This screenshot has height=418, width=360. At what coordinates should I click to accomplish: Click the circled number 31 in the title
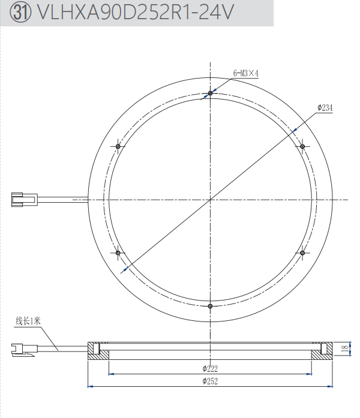20,12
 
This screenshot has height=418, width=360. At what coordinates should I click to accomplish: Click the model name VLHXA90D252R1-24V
135,12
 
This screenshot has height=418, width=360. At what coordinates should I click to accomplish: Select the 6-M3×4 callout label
246,73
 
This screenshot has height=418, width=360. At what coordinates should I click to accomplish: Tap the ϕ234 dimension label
325,108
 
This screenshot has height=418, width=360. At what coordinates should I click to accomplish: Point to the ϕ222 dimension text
210,369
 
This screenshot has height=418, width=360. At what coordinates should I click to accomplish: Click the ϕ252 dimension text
210,381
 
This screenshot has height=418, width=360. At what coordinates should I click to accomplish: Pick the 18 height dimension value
345,348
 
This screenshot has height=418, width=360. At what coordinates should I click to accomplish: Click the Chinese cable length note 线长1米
28,321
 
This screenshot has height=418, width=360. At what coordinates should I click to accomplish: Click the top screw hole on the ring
210,94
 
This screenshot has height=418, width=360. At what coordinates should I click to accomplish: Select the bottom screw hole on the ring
210,306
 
